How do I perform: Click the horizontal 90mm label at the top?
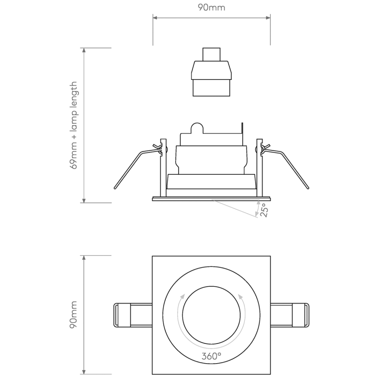[x=211, y=8]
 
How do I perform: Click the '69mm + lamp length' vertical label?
[x=74, y=125]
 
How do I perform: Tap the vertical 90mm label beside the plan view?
[x=74, y=315]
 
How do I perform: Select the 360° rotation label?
[x=211, y=356]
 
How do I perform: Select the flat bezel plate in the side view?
[x=211, y=199]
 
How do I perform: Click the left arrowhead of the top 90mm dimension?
[x=154, y=18]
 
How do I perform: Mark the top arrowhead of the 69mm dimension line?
[x=84, y=50]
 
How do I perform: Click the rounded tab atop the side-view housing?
[x=197, y=127]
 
